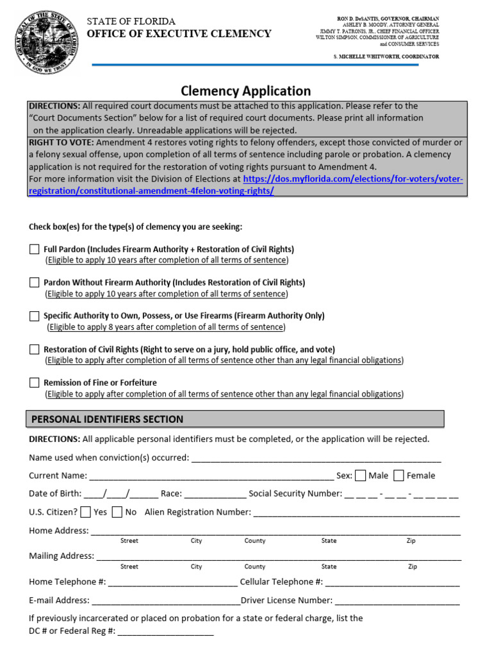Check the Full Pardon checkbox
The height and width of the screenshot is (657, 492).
click(x=35, y=249)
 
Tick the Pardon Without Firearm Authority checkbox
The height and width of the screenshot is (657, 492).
click(x=35, y=282)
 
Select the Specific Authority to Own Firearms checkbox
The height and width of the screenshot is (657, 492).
click(x=35, y=316)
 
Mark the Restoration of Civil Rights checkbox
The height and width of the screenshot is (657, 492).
click(x=35, y=349)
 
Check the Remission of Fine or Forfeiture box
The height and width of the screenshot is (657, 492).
click(x=35, y=382)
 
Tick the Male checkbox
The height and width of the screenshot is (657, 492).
click(x=361, y=475)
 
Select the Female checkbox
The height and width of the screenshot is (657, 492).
click(x=398, y=475)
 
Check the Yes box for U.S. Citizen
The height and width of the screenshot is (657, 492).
click(x=86, y=512)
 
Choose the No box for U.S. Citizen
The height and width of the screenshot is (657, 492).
click(x=117, y=512)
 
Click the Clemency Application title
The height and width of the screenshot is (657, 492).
click(x=245, y=91)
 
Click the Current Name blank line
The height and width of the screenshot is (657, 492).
click(x=211, y=477)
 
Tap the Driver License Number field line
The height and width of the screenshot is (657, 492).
click(x=397, y=602)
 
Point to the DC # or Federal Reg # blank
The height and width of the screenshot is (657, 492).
click(x=165, y=632)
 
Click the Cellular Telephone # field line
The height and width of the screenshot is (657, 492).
click(x=392, y=583)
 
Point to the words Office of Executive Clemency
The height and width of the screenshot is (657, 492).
click(x=179, y=34)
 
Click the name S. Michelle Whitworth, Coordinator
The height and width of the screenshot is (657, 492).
click(x=386, y=57)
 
